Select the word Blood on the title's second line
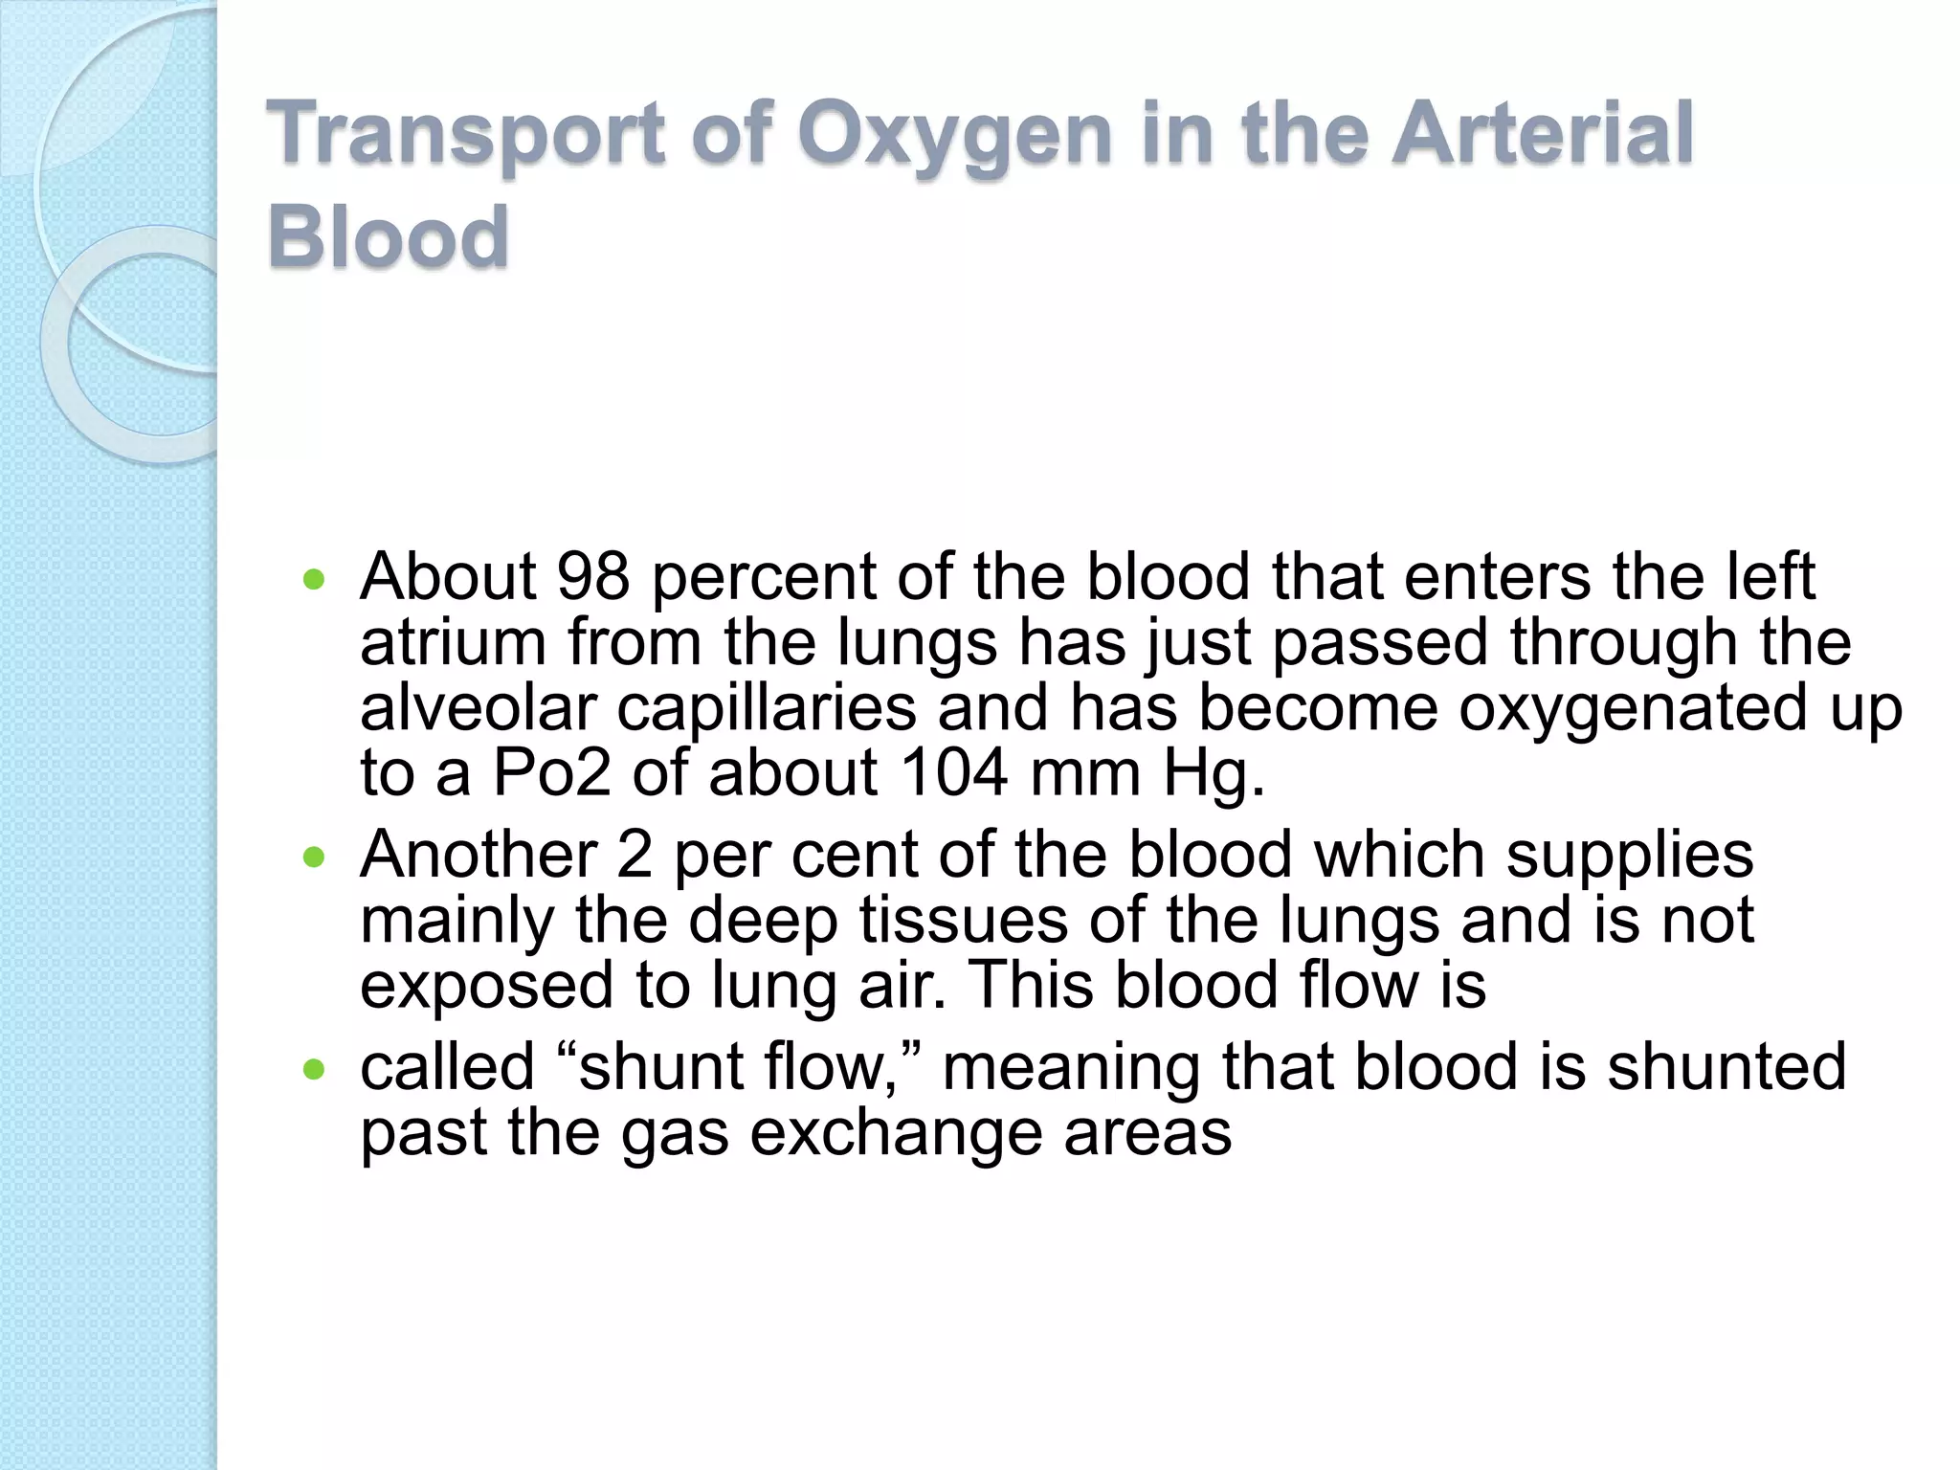pos(388,236)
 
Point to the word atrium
pos(453,642)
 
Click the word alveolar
pos(478,707)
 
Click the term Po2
pos(551,772)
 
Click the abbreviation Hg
pos(1213,774)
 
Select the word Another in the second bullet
pos(479,854)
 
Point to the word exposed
pos(486,987)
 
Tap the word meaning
pos(1071,1068)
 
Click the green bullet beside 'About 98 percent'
pos(314,579)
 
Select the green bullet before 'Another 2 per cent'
pos(314,857)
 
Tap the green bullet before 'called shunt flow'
pos(314,1069)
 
